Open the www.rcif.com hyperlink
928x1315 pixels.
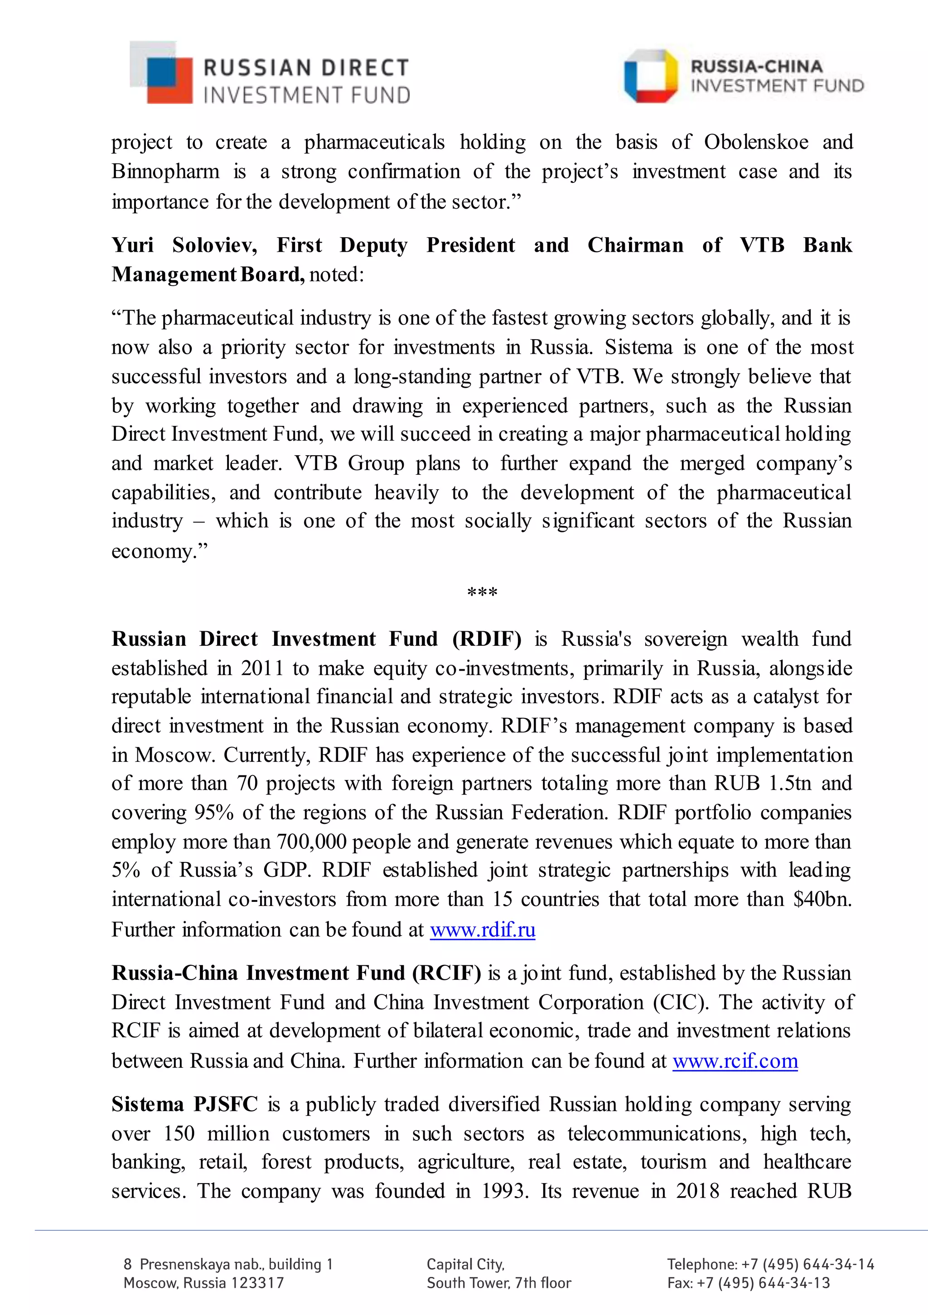[x=735, y=1061]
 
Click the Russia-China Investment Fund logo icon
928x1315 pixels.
[x=650, y=76]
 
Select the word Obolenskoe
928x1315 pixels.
[x=756, y=142]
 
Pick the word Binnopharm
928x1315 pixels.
[x=165, y=171]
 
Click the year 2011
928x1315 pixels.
[x=261, y=668]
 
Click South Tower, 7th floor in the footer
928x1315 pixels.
[x=498, y=1283]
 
